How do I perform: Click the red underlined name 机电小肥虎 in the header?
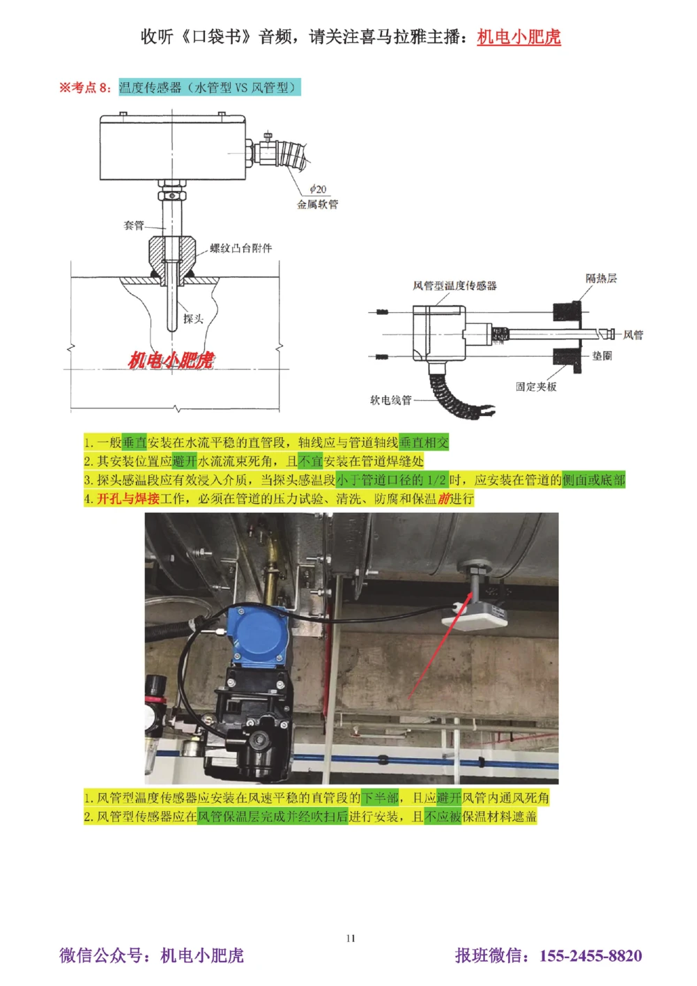519,37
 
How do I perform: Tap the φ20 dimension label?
318,190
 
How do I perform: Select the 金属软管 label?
317,204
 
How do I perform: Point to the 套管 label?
134,225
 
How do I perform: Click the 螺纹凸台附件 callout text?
241,248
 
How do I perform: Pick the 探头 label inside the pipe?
193,318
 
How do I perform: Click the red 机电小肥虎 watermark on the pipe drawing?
171,360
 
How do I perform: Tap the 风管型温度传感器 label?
454,286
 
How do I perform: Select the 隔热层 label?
601,279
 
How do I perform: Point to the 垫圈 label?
602,356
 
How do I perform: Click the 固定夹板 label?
536,387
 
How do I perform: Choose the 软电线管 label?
390,400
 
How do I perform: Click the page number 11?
351,938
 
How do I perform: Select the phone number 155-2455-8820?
590,955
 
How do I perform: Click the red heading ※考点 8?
85,88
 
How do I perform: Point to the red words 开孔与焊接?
128,499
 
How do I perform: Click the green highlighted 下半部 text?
380,798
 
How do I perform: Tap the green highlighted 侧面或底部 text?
593,480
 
